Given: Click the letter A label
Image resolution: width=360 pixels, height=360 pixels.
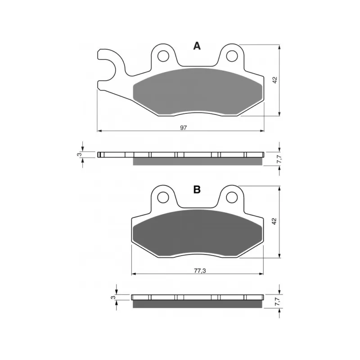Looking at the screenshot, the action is coord(197,46).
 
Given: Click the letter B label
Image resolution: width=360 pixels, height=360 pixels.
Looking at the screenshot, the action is coord(197,189).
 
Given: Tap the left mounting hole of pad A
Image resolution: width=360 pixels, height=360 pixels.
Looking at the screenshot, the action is coord(163,56).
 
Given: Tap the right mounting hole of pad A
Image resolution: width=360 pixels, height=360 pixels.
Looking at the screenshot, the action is coord(232,56).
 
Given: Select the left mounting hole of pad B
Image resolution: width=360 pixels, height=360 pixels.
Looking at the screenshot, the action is coord(163,197).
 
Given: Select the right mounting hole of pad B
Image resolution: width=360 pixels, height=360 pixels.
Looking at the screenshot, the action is coord(232,197).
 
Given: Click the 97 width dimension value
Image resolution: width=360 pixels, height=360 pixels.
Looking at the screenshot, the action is coord(184,127).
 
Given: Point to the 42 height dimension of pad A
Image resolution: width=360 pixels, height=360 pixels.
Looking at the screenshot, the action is coord(275,80).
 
